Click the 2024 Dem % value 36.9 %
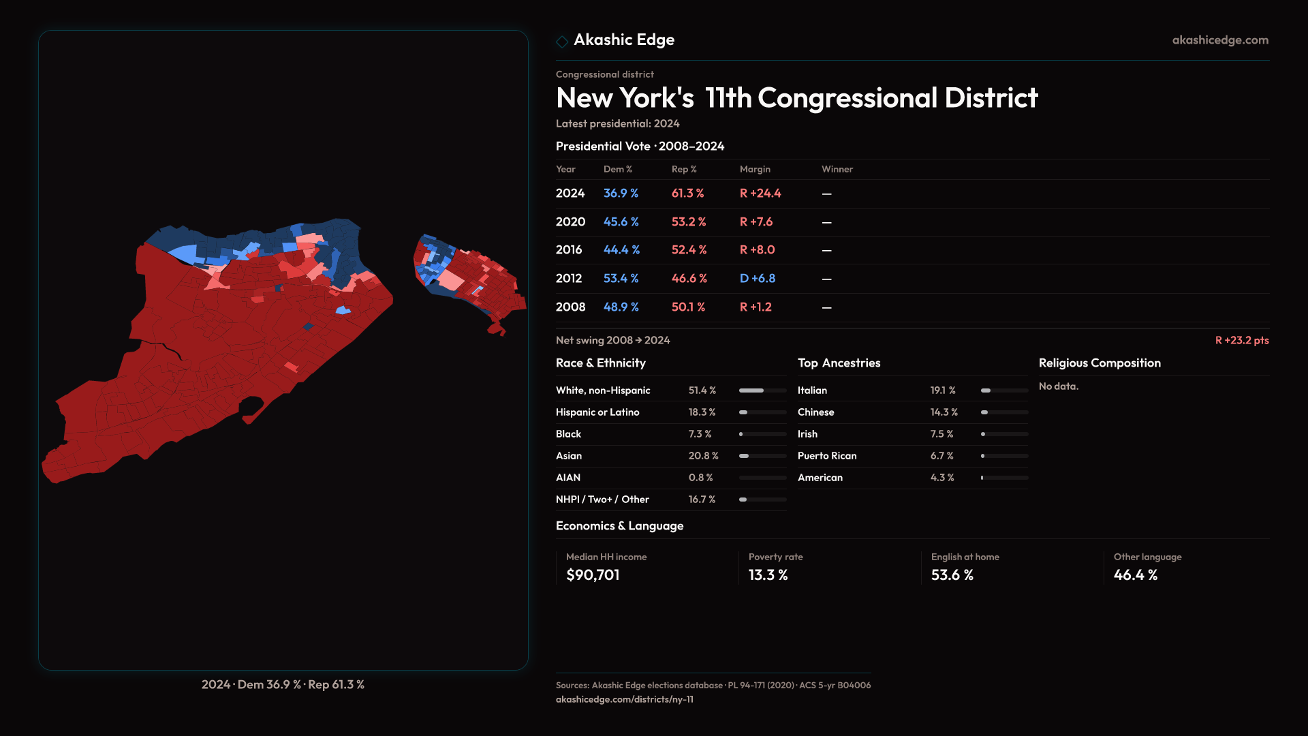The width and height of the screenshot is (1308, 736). [x=621, y=194]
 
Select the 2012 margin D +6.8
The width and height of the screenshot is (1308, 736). [x=757, y=279]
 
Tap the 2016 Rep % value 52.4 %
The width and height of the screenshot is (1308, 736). [x=689, y=250]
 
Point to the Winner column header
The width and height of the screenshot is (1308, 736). [x=837, y=169]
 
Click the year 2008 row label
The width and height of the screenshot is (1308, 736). [x=570, y=307]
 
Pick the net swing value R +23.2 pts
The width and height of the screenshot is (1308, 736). [x=1241, y=340]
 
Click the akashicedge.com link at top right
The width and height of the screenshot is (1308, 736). [x=1219, y=40]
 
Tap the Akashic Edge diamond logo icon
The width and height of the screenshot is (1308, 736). [x=562, y=42]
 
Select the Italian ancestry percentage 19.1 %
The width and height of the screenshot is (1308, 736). [x=942, y=390]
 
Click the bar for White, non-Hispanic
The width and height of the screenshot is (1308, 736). [x=762, y=390]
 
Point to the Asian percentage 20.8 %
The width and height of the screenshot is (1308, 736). [x=703, y=456]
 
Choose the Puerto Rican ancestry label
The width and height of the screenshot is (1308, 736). [x=826, y=456]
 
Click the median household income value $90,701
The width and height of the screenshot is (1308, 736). [x=593, y=575]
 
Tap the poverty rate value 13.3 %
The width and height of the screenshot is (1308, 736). [x=768, y=575]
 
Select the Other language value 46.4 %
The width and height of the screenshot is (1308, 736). [x=1135, y=575]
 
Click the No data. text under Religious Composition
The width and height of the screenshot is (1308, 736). [x=1058, y=386]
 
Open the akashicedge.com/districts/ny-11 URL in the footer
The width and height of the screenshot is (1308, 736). [x=624, y=699]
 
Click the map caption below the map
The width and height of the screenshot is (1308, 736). [x=283, y=684]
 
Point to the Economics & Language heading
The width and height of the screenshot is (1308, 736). [x=619, y=526]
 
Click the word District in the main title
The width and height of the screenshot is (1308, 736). [x=991, y=98]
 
